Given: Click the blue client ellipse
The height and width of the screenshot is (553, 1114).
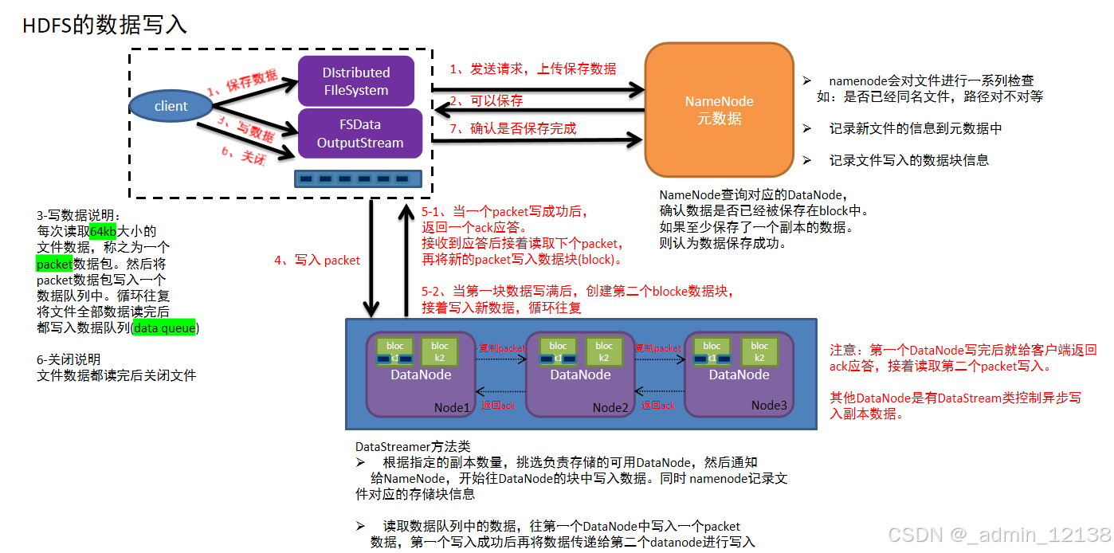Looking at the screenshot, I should pos(171,106).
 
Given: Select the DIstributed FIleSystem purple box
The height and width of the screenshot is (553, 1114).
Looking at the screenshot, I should pos(355,81).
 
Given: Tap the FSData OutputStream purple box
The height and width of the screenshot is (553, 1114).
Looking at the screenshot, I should pos(359,134).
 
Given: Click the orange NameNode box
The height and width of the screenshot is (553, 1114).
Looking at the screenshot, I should pos(719,110).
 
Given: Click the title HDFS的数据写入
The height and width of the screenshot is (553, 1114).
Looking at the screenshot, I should pos(104,25).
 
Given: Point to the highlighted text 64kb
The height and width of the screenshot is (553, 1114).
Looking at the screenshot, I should pos(103,231).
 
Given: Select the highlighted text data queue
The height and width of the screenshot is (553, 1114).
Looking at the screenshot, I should pos(164,327).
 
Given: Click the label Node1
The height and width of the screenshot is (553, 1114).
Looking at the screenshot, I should pos(452,407).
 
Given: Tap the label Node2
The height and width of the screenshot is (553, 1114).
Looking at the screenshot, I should pos(610,407).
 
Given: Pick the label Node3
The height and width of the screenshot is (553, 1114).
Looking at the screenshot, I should pos(768,406).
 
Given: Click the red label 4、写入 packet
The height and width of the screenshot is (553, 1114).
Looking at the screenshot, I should pos(316,260).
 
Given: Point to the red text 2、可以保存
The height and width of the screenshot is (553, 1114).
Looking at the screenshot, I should pos(486,100).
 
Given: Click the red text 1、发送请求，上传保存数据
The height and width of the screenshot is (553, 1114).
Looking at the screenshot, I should pos(532,69).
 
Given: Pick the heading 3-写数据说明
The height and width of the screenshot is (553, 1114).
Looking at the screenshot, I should pos(79,215).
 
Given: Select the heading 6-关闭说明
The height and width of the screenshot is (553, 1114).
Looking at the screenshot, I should pos(69,359).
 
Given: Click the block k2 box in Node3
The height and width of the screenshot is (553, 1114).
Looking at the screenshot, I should pos(759,351).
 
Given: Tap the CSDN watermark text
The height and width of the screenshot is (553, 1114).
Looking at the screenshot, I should pos(999,535).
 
